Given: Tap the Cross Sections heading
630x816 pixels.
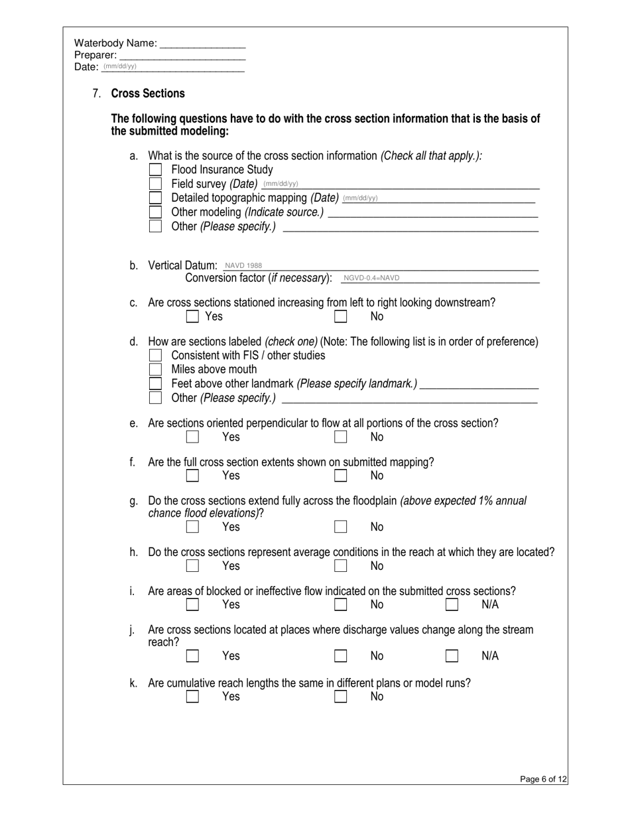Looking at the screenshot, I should click(148, 94).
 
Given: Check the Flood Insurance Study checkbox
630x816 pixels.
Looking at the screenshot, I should click(155, 170).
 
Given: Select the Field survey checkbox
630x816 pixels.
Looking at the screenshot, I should click(155, 184).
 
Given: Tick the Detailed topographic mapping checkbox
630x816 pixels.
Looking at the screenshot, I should click(155, 198).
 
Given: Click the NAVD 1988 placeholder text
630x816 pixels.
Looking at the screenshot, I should click(243, 265).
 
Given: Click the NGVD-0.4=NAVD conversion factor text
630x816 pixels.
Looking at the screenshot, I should click(371, 278).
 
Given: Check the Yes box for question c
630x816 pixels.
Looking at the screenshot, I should click(192, 316).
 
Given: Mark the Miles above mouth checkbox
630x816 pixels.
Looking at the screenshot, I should click(155, 370).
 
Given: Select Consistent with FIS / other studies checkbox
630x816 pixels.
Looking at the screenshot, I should click(155, 356).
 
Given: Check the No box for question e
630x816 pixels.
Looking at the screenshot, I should click(340, 437).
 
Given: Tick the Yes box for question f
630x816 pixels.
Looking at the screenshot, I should click(192, 476).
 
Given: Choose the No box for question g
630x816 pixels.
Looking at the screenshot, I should click(340, 527).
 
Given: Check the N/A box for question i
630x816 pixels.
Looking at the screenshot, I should click(452, 604).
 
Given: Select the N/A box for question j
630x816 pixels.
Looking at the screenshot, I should click(452, 656).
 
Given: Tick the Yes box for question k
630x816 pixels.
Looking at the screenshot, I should click(192, 697).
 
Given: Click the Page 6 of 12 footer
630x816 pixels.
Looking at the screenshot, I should click(543, 780).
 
